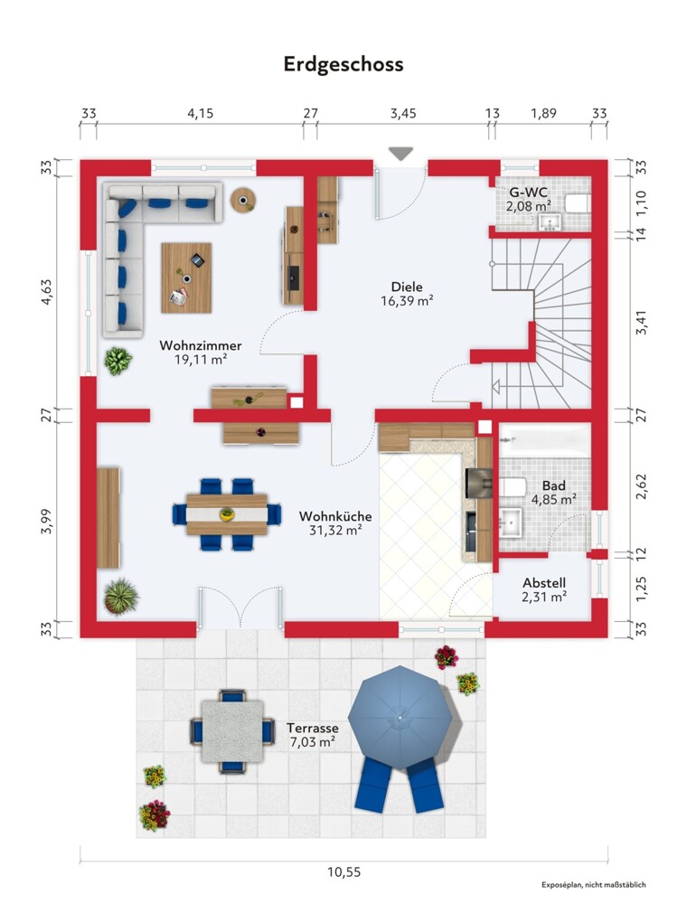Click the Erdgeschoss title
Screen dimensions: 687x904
(343, 64)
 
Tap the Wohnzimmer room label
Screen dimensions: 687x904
(201, 345)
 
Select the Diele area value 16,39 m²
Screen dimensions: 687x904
(407, 300)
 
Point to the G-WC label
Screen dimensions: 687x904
(529, 193)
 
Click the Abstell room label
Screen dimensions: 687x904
(544, 583)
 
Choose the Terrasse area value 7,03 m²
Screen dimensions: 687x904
(313, 742)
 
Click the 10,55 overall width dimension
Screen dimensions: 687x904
(344, 872)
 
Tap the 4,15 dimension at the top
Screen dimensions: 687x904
(200, 114)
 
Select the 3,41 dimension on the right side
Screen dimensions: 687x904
(641, 323)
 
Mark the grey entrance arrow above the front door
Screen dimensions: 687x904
(400, 154)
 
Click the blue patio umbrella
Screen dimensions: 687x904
(400, 717)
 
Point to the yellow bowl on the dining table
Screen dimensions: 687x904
(227, 513)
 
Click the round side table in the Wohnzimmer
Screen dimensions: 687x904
(243, 200)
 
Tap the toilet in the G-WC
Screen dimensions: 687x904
(577, 203)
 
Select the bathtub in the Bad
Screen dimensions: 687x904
(545, 441)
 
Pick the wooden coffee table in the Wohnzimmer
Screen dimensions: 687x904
(186, 278)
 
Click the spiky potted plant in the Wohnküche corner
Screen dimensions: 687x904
(120, 596)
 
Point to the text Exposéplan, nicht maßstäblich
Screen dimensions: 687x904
(594, 885)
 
